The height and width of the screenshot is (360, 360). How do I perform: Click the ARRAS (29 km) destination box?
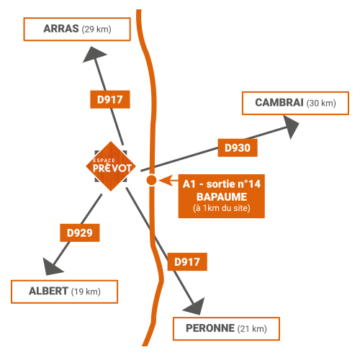[77, 29]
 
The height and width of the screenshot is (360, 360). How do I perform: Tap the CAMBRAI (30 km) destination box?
[295, 103]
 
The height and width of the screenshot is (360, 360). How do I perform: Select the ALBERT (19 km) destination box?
[64, 292]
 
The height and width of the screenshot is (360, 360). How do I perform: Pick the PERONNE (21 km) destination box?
[226, 329]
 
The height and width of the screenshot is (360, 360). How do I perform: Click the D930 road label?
[238, 148]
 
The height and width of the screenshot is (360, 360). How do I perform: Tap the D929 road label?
[80, 233]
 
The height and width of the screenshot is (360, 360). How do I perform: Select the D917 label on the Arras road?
[110, 99]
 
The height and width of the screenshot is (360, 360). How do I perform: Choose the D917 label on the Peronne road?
[187, 262]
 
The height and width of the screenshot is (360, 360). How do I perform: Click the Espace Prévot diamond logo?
[111, 166]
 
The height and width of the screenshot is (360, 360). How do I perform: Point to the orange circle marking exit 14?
[151, 180]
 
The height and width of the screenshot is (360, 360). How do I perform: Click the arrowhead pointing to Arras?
[94, 54]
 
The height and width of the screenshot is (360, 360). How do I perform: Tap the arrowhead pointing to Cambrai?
[291, 127]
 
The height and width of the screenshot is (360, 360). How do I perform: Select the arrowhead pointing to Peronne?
[195, 307]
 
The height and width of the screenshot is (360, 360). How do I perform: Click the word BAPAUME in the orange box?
[222, 197]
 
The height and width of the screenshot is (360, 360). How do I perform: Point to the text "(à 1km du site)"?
[222, 208]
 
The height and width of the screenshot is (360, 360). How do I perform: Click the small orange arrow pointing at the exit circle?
[168, 181]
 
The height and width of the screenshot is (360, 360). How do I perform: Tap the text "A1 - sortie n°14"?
[222, 184]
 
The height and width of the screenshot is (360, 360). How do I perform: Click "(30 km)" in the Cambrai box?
[321, 103]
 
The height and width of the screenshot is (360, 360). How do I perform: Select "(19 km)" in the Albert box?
[86, 292]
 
